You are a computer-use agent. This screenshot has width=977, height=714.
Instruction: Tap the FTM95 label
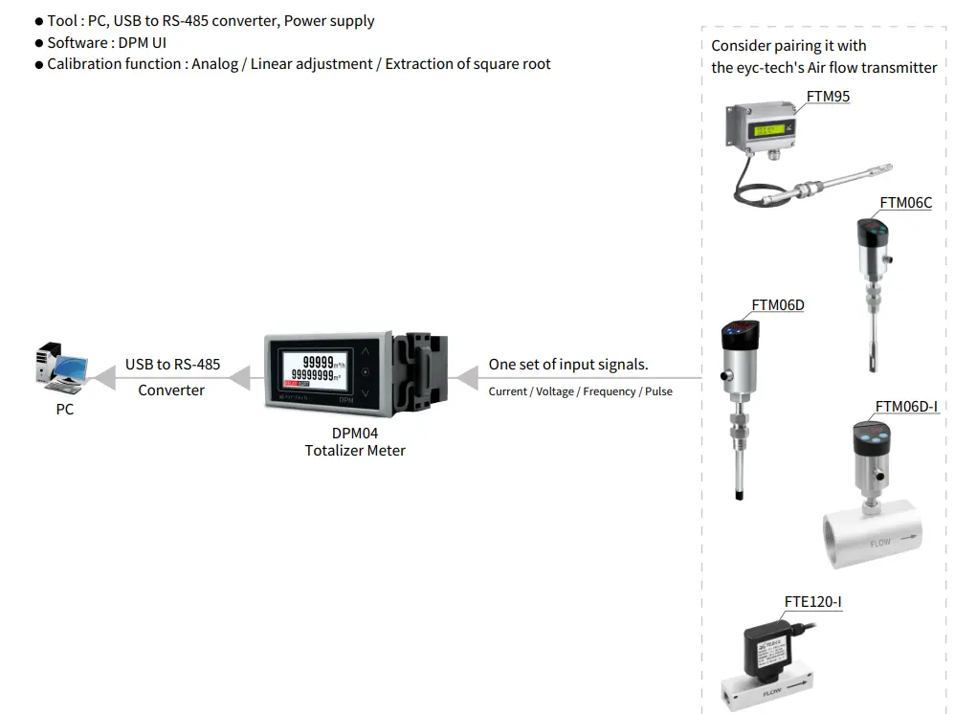[x=828, y=97]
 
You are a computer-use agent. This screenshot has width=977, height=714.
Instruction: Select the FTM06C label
[x=905, y=203]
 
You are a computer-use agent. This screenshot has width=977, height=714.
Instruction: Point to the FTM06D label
[x=777, y=305]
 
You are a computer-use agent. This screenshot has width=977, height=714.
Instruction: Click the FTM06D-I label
[x=906, y=407]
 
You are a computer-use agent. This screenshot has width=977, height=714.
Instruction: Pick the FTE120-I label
[x=812, y=602]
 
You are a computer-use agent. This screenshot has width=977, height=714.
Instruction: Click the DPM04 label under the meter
[x=354, y=434]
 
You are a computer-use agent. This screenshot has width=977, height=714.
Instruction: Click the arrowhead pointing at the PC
[x=103, y=378]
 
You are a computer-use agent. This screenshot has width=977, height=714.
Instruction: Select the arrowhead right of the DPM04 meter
[x=466, y=378]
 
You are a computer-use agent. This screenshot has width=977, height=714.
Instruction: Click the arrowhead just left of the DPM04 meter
[x=239, y=378]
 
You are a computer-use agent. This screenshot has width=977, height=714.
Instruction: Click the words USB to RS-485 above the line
[x=172, y=365]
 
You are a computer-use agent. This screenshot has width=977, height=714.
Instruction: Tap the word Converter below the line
[x=171, y=390]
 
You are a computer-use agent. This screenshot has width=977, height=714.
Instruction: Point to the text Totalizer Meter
[x=355, y=451]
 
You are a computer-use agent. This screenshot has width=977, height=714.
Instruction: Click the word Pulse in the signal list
[x=658, y=391]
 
